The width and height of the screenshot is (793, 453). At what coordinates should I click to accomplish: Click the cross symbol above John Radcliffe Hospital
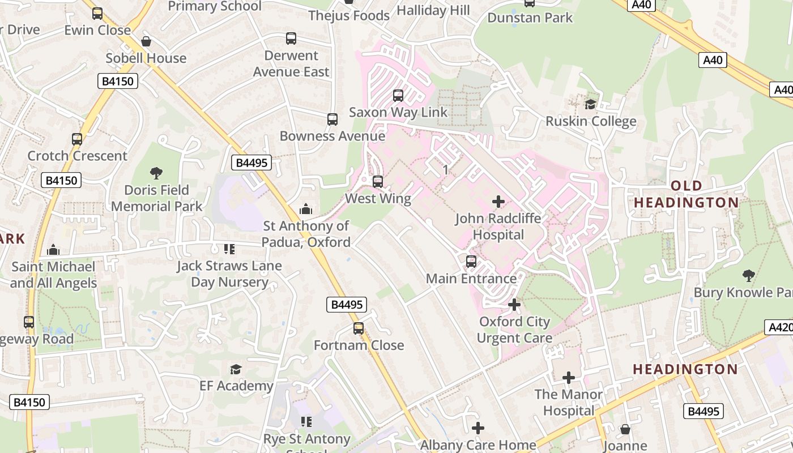point(498,202)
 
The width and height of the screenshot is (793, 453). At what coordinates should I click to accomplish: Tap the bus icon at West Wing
point(378,182)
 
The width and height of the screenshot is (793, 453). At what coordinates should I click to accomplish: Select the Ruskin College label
point(590,121)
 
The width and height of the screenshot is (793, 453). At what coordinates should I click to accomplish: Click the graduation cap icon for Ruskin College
point(590,104)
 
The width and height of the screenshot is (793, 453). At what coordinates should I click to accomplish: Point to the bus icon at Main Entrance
point(471,262)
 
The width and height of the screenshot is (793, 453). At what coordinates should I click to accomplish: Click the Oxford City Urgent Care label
point(514,330)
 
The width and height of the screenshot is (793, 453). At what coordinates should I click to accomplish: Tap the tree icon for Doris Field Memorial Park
point(156,173)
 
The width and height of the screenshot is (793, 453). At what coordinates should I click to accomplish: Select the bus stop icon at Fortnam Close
point(359,328)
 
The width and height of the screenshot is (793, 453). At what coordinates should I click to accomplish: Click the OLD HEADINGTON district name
point(686,194)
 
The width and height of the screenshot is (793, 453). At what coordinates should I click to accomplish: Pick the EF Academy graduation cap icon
point(236,369)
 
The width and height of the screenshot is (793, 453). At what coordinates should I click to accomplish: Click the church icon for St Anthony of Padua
point(306,209)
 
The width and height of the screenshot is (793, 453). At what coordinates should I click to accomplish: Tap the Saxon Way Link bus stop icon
point(398,95)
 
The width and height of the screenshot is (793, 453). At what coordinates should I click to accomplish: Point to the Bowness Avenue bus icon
point(332,119)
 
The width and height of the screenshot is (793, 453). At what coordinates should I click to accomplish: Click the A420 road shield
point(779,327)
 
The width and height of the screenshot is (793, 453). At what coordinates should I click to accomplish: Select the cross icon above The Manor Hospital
point(569,377)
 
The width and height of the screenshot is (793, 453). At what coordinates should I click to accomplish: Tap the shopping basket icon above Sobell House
point(146,41)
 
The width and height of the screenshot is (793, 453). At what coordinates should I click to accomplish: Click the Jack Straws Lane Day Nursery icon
point(229,249)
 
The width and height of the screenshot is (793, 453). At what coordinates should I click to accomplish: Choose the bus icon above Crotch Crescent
point(77,139)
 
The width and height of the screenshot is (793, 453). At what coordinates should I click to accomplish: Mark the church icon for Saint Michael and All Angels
point(53,249)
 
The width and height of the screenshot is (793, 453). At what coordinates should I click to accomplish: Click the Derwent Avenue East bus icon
point(291,39)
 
